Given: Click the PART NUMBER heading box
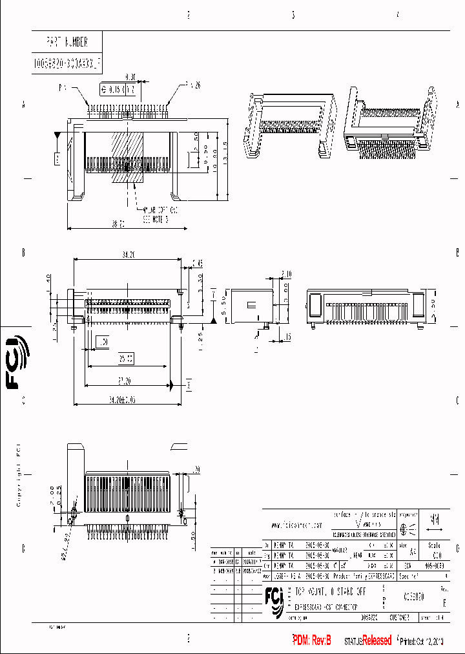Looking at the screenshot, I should (67, 43).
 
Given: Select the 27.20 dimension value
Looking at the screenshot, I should (125, 379).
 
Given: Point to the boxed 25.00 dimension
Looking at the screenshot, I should (126, 357).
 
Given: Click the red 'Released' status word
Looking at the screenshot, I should (377, 640).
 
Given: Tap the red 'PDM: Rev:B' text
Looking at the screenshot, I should (312, 640).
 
